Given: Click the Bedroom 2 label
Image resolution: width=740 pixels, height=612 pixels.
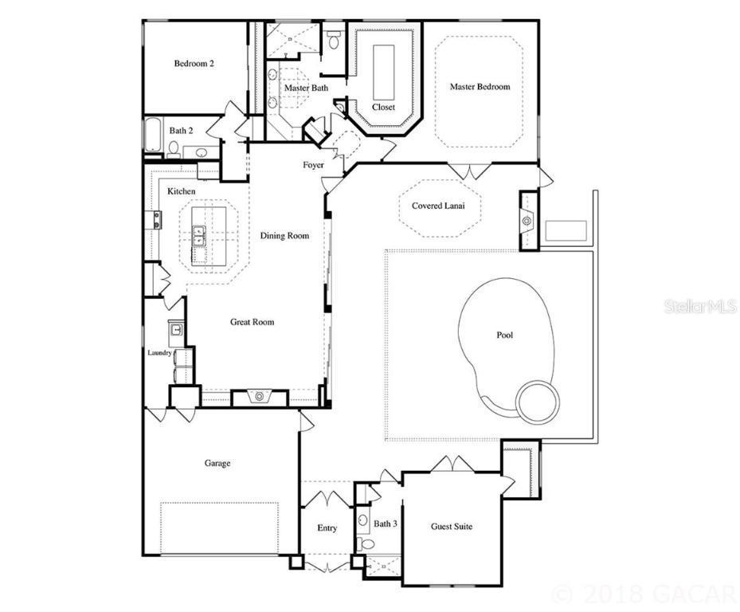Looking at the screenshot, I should pyautogui.click(x=194, y=64).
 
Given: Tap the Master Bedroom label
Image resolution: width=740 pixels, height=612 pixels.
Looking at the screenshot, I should pyautogui.click(x=480, y=87).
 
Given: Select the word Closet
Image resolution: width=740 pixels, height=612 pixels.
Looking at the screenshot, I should pyautogui.click(x=383, y=107).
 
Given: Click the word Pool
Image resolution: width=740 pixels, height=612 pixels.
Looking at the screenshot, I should pyautogui.click(x=504, y=335).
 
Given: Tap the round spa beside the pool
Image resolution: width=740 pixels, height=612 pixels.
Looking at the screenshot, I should pyautogui.click(x=538, y=401).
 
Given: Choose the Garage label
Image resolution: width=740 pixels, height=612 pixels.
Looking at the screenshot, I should pyautogui.click(x=217, y=462).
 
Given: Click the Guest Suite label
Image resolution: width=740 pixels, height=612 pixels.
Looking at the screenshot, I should pyautogui.click(x=452, y=527).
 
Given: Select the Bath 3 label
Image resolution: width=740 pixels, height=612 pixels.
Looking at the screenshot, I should pyautogui.click(x=386, y=524).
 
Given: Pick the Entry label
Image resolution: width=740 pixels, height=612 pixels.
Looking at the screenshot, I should pyautogui.click(x=327, y=528).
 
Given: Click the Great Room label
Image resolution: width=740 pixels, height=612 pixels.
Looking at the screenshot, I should pyautogui.click(x=252, y=322).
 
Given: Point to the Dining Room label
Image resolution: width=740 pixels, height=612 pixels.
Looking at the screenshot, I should pyautogui.click(x=284, y=236).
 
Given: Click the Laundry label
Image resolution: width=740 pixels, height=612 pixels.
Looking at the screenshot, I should pyautogui.click(x=159, y=352).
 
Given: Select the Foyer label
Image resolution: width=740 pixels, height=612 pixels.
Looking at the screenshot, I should pyautogui.click(x=313, y=165).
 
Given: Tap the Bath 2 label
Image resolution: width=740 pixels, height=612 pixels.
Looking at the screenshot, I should pyautogui.click(x=181, y=130).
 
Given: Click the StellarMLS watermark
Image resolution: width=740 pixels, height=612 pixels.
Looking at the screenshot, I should pyautogui.click(x=700, y=306).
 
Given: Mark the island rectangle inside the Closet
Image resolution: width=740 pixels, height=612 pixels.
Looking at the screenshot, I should pyautogui.click(x=384, y=70).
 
